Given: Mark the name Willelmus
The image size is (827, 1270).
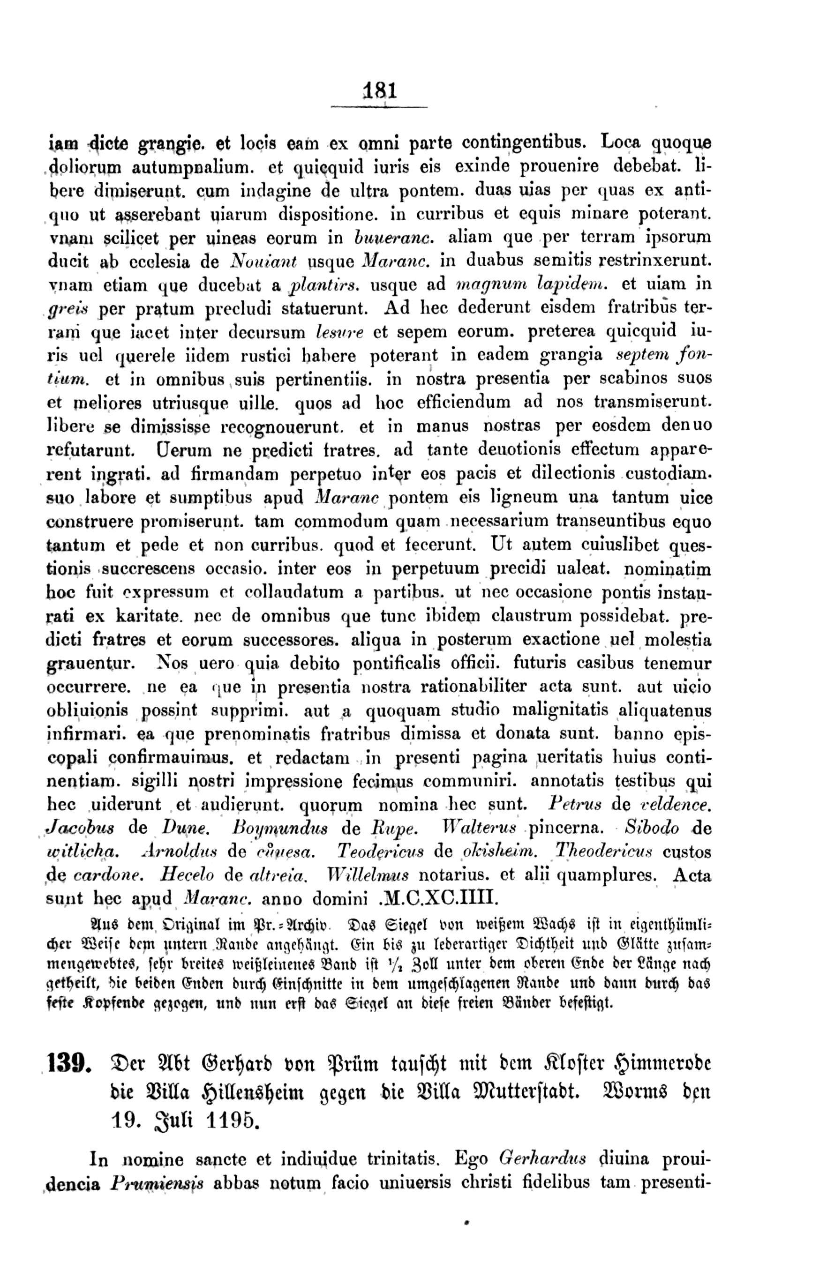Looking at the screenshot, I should (369, 875).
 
